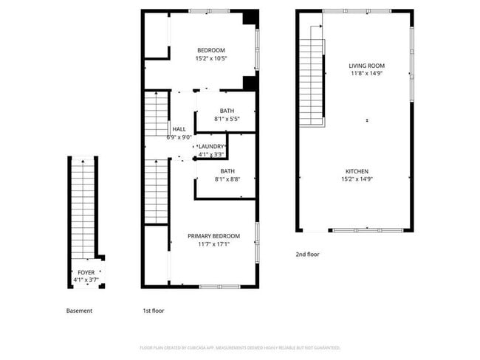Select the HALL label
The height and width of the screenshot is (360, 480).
click(179, 128)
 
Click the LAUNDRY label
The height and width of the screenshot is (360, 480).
click(211, 146)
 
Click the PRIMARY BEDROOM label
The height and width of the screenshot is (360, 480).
click(213, 235)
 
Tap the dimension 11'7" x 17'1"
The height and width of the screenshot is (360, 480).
click(213, 244)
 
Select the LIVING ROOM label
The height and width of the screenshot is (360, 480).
click(367, 66)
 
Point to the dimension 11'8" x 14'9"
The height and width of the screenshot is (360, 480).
click(367, 74)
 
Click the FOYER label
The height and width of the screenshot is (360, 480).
click(86, 273)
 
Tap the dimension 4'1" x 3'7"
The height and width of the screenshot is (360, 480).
click(86, 280)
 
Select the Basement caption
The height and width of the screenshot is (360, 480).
click(79, 311)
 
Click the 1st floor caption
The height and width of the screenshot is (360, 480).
click(153, 311)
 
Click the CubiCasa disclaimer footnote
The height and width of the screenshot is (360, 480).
click(240, 347)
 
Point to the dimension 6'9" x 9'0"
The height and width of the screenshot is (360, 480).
click(180, 136)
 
